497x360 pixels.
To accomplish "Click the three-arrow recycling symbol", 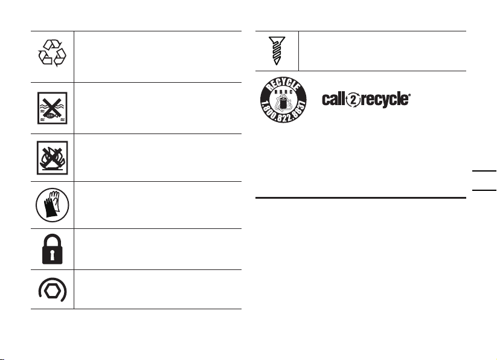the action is click(x=53, y=53).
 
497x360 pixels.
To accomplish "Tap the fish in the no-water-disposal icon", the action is click(x=51, y=116).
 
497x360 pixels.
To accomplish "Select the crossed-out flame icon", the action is click(x=53, y=158).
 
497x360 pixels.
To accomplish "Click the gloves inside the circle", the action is click(x=52, y=204).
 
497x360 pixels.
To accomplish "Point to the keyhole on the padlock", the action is click(x=53, y=256).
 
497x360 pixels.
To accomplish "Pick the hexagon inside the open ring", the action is click(x=53, y=291).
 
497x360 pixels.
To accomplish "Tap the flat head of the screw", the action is click(x=277, y=39).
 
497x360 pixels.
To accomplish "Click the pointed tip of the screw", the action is click(x=277, y=63).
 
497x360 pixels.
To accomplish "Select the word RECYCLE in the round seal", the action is click(x=284, y=85).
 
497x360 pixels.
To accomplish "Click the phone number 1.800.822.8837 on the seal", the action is click(x=283, y=112).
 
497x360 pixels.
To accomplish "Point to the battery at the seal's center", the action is click(x=283, y=102).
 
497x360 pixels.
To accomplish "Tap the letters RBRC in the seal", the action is click(x=283, y=92).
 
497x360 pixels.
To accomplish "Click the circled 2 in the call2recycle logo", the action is click(x=353, y=100).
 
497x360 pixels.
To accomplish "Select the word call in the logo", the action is click(x=334, y=99).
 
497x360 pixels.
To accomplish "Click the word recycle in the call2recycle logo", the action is click(x=384, y=100).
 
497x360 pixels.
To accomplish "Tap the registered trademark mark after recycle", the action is click(x=409, y=95).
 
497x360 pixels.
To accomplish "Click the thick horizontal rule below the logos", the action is click(x=361, y=198).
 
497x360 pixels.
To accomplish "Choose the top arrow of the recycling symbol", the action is click(x=53, y=44).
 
